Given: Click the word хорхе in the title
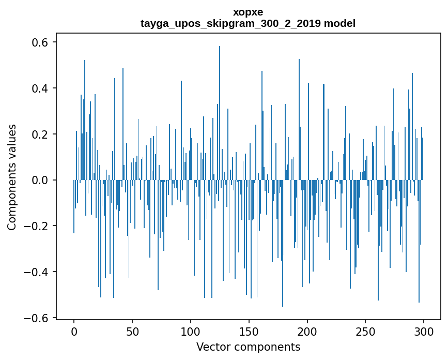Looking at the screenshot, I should pos(248,12).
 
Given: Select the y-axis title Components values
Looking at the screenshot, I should pos(12,177).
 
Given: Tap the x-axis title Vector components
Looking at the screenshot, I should pos(248,347).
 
